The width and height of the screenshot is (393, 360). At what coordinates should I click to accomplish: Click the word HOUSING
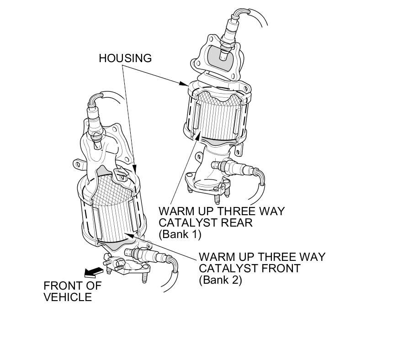pos(125,58)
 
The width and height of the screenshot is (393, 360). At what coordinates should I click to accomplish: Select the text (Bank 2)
pos(220,280)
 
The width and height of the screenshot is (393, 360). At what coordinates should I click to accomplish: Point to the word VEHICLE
pos(68,297)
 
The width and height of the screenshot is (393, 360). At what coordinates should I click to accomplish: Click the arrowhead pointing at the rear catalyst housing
pos(184,84)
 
